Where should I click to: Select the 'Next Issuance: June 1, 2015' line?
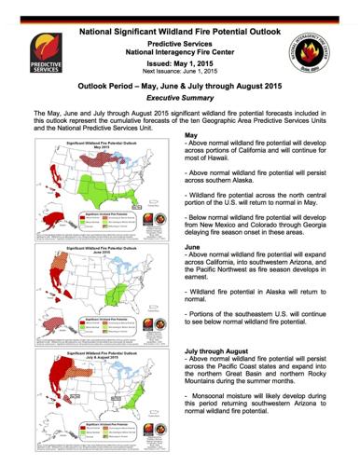pyautogui.click(x=180, y=71)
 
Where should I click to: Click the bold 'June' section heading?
pyautogui.click(x=195, y=247)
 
